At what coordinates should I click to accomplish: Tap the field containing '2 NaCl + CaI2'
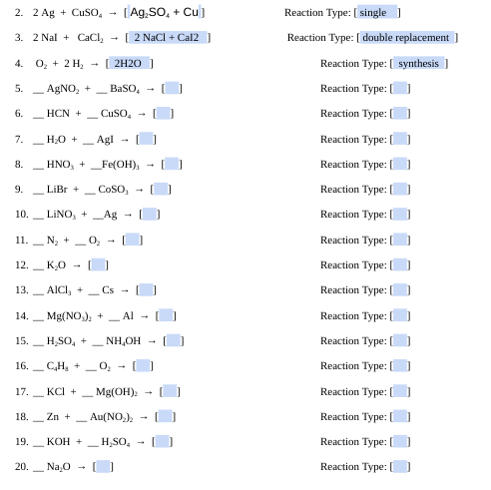(x=168, y=38)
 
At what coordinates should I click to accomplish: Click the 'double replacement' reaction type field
(x=409, y=38)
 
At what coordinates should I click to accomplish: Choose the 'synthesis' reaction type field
(x=418, y=63)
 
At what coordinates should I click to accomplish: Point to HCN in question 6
(x=58, y=114)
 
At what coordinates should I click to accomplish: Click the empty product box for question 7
(x=147, y=139)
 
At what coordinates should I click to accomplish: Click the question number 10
(x=21, y=214)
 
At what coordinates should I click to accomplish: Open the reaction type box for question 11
(x=400, y=240)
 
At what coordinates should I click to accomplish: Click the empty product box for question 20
(x=103, y=466)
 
